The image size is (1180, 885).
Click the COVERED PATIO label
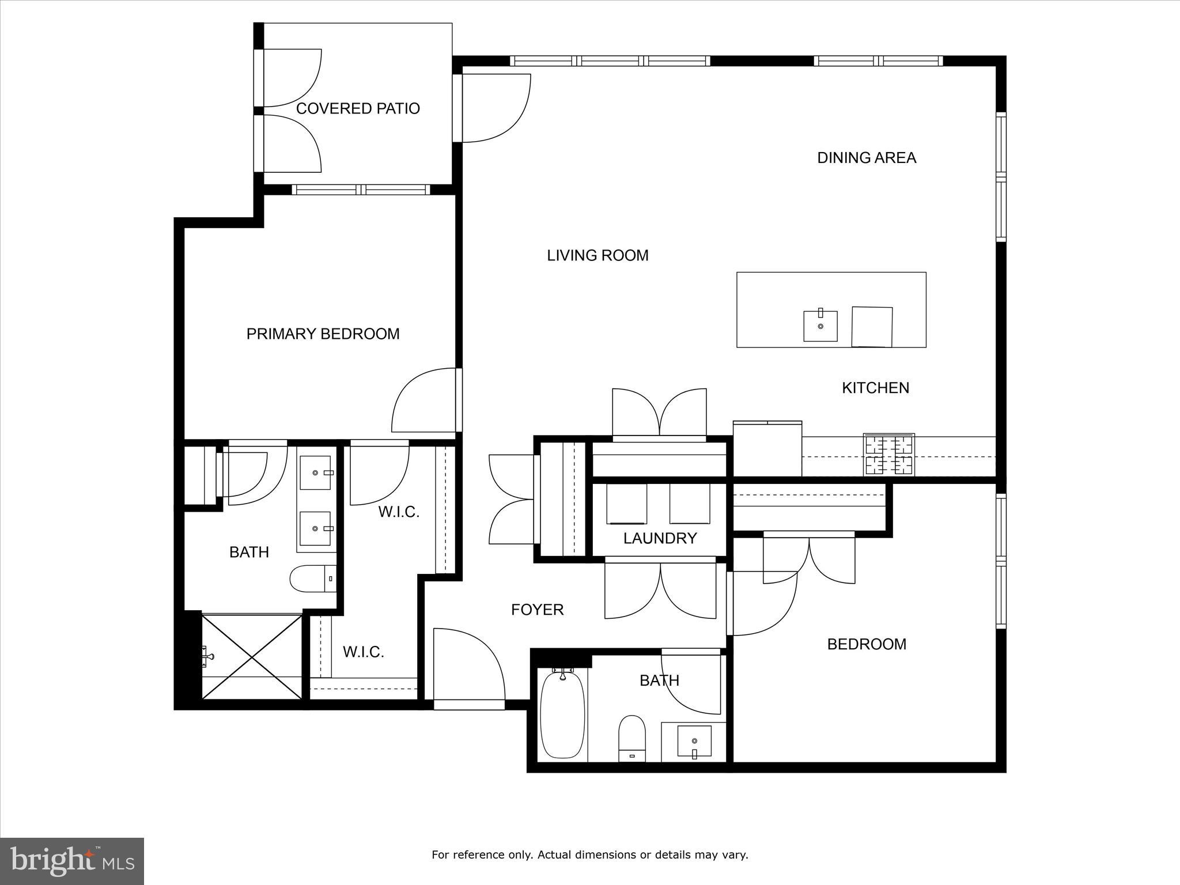[x=357, y=108]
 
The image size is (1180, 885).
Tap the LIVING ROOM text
[x=597, y=255]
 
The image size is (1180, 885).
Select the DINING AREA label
[x=866, y=158]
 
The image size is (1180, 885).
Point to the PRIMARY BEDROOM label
[x=323, y=334]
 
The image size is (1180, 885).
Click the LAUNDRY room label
[x=660, y=538]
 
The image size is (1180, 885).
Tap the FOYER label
[x=537, y=610]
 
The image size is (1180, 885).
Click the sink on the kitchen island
[x=820, y=326]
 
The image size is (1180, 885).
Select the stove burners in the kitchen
[x=888, y=455]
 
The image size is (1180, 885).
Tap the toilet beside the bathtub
[x=631, y=737]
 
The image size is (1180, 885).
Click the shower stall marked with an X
[x=252, y=657]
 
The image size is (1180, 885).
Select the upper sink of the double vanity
[x=316, y=473]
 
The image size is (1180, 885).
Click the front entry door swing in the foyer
[x=467, y=663]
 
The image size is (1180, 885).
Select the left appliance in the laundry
[x=626, y=504]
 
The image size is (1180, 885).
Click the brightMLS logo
[x=72, y=861]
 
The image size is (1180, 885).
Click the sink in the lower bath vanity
[x=694, y=741]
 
